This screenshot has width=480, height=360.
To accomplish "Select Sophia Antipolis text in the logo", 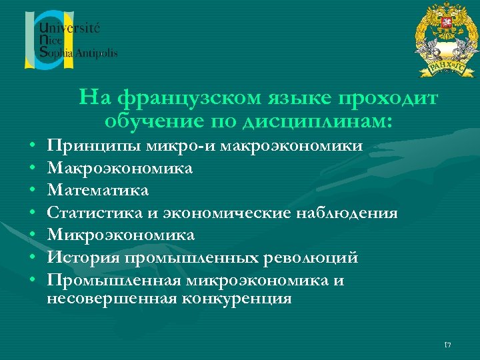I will point(78,54).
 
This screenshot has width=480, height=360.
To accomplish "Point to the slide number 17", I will point(447,344).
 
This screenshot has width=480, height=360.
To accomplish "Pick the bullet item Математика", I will point(98,191).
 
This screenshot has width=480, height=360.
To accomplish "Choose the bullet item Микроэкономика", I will point(121,235).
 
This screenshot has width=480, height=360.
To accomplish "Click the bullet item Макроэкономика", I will point(120,168).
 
